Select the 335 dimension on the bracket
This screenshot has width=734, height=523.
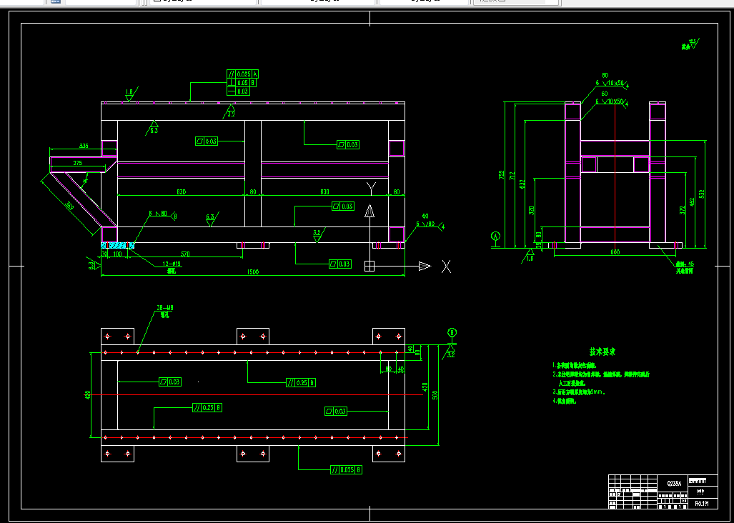[x=84, y=146]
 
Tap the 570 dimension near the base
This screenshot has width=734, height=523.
[x=185, y=254]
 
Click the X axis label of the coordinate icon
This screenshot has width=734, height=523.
[x=446, y=267]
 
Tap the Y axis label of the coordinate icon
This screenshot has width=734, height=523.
[x=370, y=187]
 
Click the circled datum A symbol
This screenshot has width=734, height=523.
[x=495, y=235]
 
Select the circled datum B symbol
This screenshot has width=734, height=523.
[x=451, y=332]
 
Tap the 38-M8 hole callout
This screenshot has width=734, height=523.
[x=165, y=309]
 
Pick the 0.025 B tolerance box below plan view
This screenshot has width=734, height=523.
[x=346, y=470]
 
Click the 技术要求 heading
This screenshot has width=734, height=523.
[x=602, y=352]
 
